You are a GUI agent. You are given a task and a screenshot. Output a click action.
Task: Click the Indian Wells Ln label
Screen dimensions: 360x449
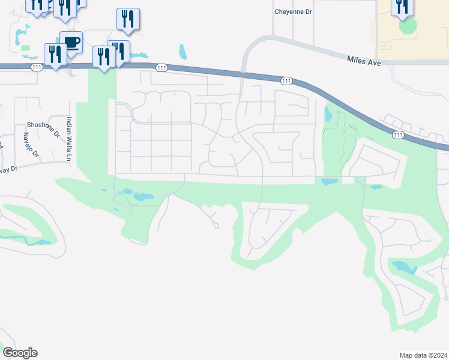pos(69,138)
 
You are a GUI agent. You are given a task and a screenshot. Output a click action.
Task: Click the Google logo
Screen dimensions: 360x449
pos(20,353)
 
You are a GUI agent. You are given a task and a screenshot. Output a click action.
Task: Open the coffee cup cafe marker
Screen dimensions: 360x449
pos(71,43)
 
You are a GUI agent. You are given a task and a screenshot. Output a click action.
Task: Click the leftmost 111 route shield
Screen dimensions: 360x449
pos(37,67)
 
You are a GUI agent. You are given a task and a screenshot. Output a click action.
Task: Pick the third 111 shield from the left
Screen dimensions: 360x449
pos(286,80)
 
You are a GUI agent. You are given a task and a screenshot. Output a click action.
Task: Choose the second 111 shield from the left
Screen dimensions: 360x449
pos(161,68)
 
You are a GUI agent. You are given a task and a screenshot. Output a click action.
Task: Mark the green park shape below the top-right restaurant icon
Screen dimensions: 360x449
pos(408,26)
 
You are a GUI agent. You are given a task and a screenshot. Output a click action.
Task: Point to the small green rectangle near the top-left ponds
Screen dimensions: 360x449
pos(25,47)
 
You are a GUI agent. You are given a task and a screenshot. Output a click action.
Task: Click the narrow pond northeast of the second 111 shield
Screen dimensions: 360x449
pos(182,52)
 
